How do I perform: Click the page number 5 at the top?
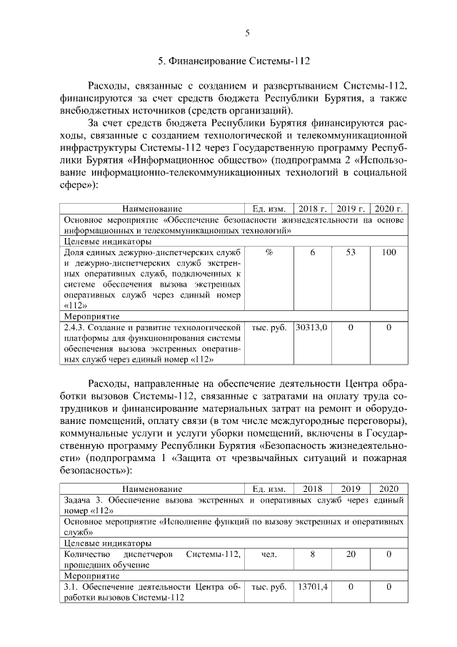246,32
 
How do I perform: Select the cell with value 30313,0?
311,327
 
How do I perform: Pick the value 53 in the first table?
351,253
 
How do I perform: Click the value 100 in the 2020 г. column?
389,253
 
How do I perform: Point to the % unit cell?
268,253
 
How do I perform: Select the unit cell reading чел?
268,553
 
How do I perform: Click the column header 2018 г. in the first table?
312,209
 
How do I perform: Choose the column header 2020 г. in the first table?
389,209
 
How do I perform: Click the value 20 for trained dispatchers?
351,553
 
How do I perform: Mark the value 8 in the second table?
312,553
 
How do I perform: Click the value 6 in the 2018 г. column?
312,253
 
